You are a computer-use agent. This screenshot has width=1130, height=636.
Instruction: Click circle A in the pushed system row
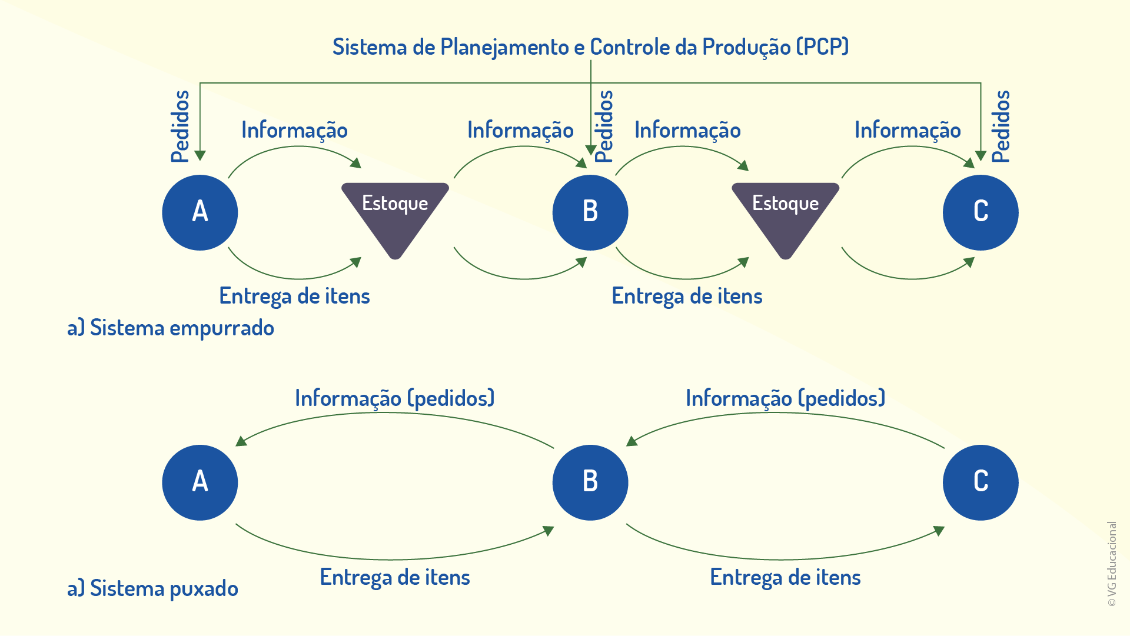[200, 212]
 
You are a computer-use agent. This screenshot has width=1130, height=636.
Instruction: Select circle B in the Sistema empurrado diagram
[590, 212]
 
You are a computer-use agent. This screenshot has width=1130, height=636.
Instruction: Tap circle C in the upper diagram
[981, 212]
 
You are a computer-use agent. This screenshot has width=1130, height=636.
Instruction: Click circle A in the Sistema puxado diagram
[200, 482]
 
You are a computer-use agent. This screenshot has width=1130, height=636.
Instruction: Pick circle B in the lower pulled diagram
[590, 482]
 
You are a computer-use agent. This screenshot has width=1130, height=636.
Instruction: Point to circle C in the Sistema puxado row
[981, 482]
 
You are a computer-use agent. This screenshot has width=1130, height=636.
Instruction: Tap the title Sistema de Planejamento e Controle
[590, 47]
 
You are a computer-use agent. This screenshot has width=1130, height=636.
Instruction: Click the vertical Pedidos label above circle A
[180, 126]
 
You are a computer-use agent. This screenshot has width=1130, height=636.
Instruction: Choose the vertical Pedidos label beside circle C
[1001, 126]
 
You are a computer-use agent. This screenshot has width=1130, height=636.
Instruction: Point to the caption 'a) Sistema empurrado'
[171, 328]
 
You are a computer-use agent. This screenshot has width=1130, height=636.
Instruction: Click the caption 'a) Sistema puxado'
[152, 588]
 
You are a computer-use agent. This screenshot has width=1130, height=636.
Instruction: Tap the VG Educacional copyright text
[1112, 564]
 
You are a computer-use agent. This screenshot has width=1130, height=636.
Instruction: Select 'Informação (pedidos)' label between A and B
[395, 398]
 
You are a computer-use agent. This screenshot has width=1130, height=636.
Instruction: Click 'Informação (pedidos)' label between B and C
[786, 398]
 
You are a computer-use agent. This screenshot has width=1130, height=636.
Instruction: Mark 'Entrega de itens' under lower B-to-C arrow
[786, 577]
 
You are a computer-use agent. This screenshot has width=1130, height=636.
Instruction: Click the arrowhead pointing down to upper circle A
[200, 155]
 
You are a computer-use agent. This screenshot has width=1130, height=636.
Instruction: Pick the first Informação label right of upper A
[294, 130]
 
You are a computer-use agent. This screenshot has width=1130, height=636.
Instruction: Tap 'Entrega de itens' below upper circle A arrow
[294, 296]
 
